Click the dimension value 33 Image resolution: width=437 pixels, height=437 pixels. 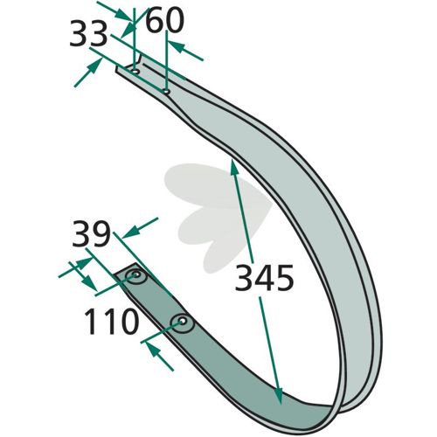click(x=88, y=35)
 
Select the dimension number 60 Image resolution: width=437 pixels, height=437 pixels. click(x=164, y=21)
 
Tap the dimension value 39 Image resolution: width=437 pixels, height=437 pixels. click(x=92, y=233)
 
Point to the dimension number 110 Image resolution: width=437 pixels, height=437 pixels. click(x=111, y=322)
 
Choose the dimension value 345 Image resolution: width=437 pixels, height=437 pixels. click(x=264, y=278)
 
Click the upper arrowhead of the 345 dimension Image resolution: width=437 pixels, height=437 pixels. click(x=234, y=168)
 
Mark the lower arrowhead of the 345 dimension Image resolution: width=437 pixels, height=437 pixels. click(x=278, y=396)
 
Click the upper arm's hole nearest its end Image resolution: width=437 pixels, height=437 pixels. click(x=135, y=72)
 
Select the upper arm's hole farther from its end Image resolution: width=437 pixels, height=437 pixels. click(x=166, y=92)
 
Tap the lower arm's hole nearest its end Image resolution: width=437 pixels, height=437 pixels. click(x=135, y=274)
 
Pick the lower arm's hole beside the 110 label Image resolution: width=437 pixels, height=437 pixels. click(x=182, y=321)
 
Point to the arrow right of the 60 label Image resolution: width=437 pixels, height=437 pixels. click(x=185, y=51)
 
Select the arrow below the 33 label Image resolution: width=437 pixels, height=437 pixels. click(x=88, y=72)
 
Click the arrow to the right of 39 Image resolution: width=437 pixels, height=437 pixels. click(x=140, y=228)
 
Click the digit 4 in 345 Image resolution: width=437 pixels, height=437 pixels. click(x=264, y=278)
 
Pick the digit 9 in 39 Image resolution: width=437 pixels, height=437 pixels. click(x=101, y=233)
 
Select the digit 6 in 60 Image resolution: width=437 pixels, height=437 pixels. click(x=155, y=21)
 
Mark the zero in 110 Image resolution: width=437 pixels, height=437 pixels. click(x=128, y=322)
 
